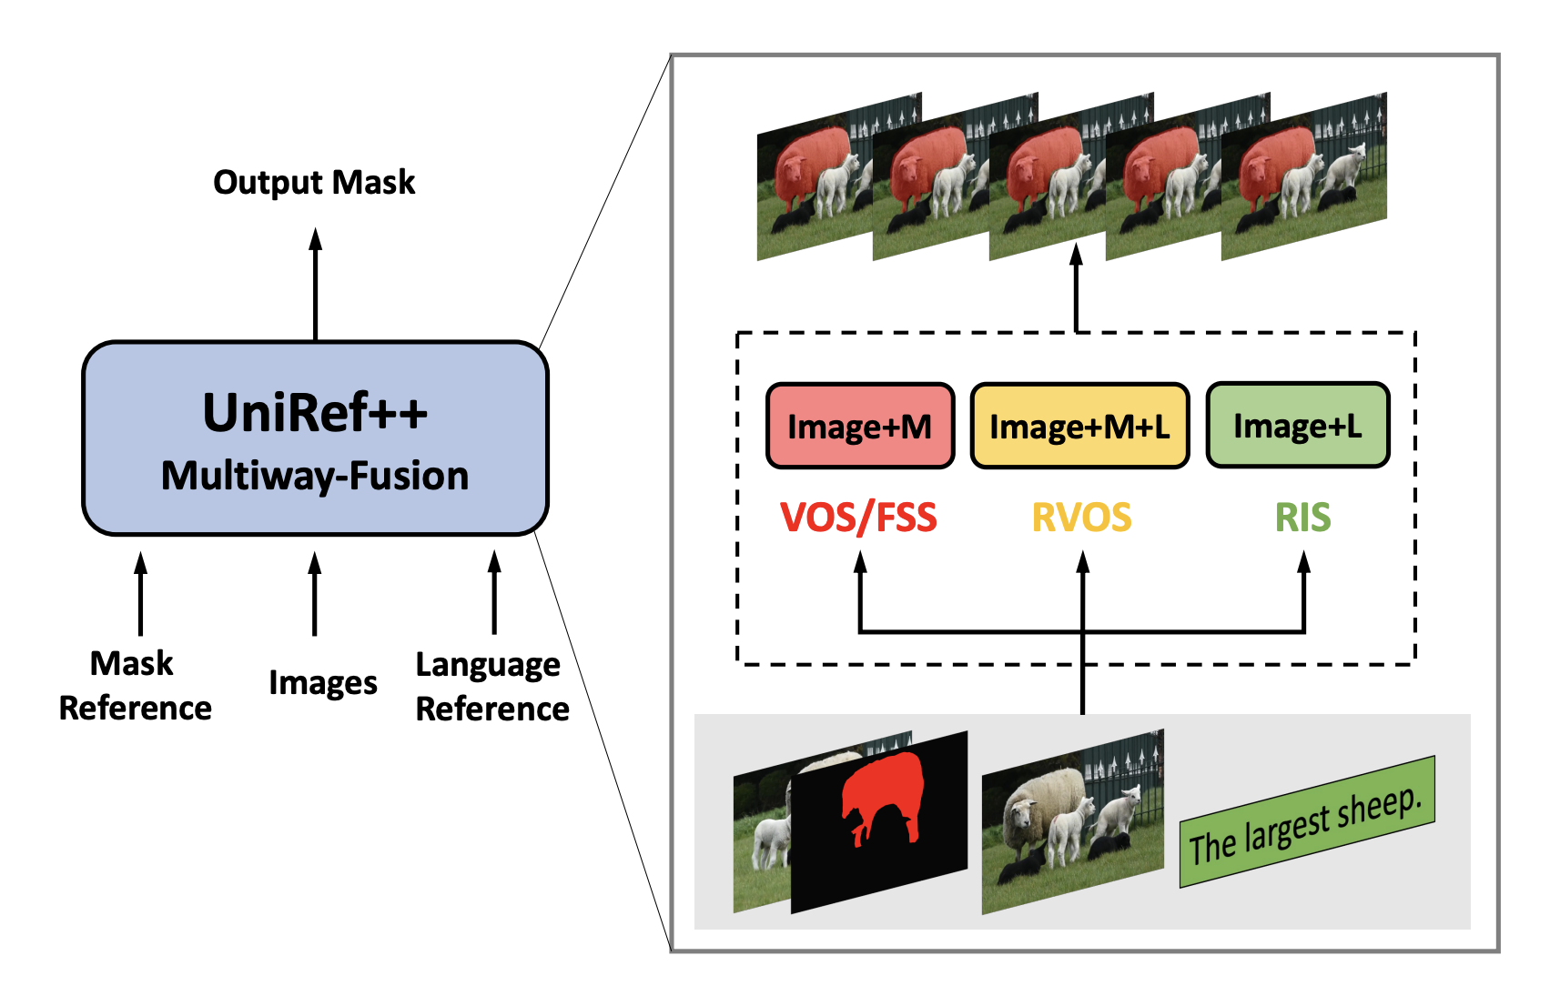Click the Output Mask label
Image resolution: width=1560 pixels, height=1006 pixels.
[314, 183]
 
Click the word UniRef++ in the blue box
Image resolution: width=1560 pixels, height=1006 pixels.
[315, 413]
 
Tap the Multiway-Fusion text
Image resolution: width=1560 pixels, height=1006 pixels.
[315, 476]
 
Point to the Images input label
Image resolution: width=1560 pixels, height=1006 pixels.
[322, 682]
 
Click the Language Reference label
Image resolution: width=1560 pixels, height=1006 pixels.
[491, 687]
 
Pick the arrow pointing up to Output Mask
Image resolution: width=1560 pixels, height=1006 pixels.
[315, 283]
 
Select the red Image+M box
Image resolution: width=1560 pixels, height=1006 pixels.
[859, 426]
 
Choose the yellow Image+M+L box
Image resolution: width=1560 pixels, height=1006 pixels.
[1079, 426]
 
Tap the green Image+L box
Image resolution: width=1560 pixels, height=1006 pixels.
[1297, 426]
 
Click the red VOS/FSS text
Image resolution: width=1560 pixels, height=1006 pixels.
[858, 518]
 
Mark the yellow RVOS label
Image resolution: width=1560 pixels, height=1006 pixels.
[1081, 518]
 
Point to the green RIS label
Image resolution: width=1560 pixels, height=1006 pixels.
[1302, 518]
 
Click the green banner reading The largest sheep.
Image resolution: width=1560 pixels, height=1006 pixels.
[1307, 822]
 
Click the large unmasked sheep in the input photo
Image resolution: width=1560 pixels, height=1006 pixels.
[1045, 800]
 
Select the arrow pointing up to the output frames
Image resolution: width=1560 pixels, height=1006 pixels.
[1077, 287]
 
